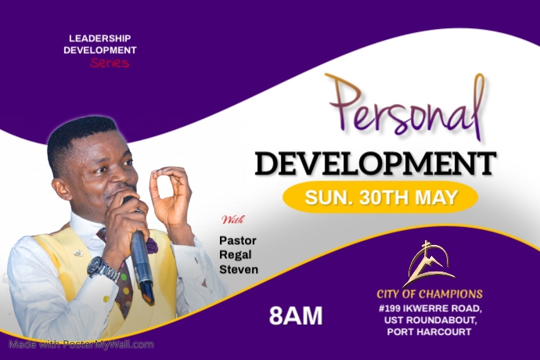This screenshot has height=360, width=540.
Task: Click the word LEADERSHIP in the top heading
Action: click(x=99, y=38)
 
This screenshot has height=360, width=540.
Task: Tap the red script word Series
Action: click(x=109, y=63)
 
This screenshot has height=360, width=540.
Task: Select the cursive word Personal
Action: click(x=405, y=110)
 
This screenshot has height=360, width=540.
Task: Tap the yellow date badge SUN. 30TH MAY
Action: click(x=380, y=197)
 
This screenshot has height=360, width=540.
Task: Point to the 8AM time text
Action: click(x=295, y=315)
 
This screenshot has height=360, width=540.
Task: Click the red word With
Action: click(x=232, y=219)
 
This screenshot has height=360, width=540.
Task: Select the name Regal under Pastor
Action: click(x=236, y=255)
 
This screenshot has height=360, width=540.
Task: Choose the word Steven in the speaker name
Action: click(x=239, y=270)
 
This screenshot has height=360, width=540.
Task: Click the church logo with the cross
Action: click(x=429, y=264)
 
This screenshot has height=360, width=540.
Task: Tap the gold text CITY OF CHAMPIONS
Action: click(x=429, y=294)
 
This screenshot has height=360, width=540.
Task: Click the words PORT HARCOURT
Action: click(x=429, y=333)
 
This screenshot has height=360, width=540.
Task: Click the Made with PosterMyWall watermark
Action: click(x=81, y=344)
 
